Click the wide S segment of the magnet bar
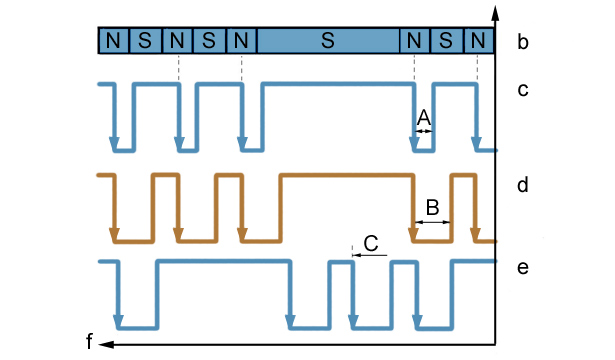[x=328, y=40]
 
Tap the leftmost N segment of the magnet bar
[x=113, y=40]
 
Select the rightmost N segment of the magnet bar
[x=479, y=40]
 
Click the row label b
[x=523, y=42]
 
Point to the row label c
[x=523, y=90]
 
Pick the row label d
[x=523, y=184]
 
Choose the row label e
[x=523, y=267]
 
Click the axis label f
[x=90, y=341]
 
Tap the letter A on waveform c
[x=424, y=118]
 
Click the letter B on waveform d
[x=432, y=207]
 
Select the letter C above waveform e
[x=371, y=243]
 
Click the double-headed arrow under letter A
[x=424, y=131]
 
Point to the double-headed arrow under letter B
[x=432, y=222]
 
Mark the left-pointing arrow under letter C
[x=369, y=255]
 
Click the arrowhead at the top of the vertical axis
[x=495, y=13]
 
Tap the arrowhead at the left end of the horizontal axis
[x=106, y=345]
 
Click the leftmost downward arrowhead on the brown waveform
[x=114, y=235]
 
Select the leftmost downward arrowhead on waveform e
[x=118, y=322]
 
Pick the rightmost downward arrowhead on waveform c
[x=477, y=144]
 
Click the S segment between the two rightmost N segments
[x=447, y=40]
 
